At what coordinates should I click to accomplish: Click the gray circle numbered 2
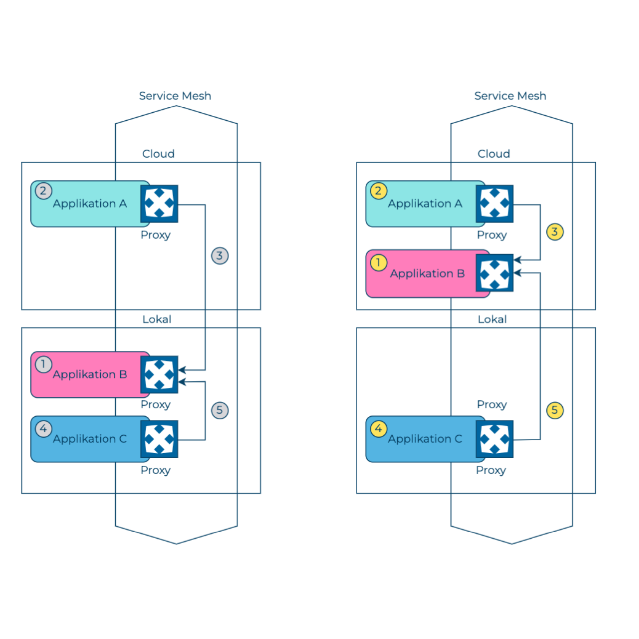point(43,191)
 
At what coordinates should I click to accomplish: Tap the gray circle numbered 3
point(220,256)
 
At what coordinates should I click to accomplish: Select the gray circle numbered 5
point(220,410)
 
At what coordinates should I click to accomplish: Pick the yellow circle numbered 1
point(379,263)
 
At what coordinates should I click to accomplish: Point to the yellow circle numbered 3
point(555,232)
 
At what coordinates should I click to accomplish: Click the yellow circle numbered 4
point(379,429)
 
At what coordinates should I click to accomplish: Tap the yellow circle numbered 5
point(555,410)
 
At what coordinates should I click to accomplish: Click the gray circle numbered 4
point(43,429)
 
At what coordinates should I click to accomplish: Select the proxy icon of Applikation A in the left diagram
point(159,204)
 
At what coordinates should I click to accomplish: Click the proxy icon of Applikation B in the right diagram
point(494,273)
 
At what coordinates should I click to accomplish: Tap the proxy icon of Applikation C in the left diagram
point(159,439)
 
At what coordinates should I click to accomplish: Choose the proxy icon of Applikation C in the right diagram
point(494,439)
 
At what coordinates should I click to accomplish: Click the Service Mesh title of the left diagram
point(175,96)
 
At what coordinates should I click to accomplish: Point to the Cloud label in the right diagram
point(494,154)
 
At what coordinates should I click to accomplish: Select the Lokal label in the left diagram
point(157,319)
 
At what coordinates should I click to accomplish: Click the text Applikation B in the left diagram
point(90,374)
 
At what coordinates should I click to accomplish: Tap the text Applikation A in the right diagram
point(425,204)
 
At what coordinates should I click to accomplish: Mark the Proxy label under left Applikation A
point(155,235)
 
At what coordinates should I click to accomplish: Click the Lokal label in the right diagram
point(492,319)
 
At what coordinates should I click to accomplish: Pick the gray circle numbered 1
point(43,364)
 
